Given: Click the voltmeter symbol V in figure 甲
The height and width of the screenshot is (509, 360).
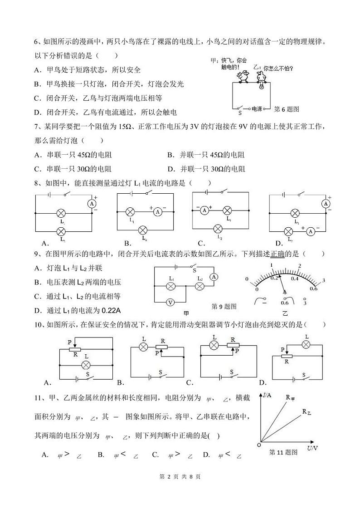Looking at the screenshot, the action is click(x=170, y=302).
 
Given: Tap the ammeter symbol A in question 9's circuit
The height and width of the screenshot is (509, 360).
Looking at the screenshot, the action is click(x=216, y=276).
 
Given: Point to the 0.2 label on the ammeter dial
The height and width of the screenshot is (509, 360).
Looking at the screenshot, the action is click(x=274, y=278).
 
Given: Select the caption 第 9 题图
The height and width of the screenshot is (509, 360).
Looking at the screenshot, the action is click(x=224, y=306).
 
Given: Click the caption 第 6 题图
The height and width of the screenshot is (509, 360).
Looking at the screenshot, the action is click(x=287, y=109).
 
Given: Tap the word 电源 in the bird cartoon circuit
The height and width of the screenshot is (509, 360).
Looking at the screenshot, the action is click(x=258, y=109).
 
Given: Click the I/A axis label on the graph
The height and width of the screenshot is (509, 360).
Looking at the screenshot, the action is click(x=267, y=395).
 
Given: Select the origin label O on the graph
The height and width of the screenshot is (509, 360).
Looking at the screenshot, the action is click(x=258, y=445).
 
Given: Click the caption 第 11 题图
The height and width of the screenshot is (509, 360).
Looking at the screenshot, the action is click(x=283, y=452).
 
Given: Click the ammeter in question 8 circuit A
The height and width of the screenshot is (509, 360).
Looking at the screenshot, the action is click(x=92, y=204).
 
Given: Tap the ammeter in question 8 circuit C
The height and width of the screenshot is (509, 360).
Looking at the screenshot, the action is click(x=204, y=210).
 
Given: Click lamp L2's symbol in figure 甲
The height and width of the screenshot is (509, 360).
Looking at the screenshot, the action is click(x=199, y=286).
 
